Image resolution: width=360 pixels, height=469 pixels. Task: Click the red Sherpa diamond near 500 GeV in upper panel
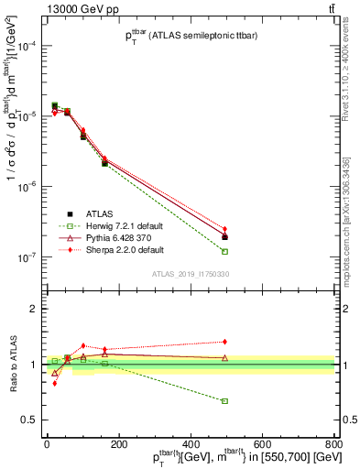224,229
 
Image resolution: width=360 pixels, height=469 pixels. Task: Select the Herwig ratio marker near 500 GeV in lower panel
224,401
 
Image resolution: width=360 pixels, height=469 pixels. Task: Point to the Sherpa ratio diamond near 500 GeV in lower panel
224,342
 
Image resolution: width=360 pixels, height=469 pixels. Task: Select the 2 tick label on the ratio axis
34,309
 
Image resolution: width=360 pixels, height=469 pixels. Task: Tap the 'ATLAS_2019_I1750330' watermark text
190,274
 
